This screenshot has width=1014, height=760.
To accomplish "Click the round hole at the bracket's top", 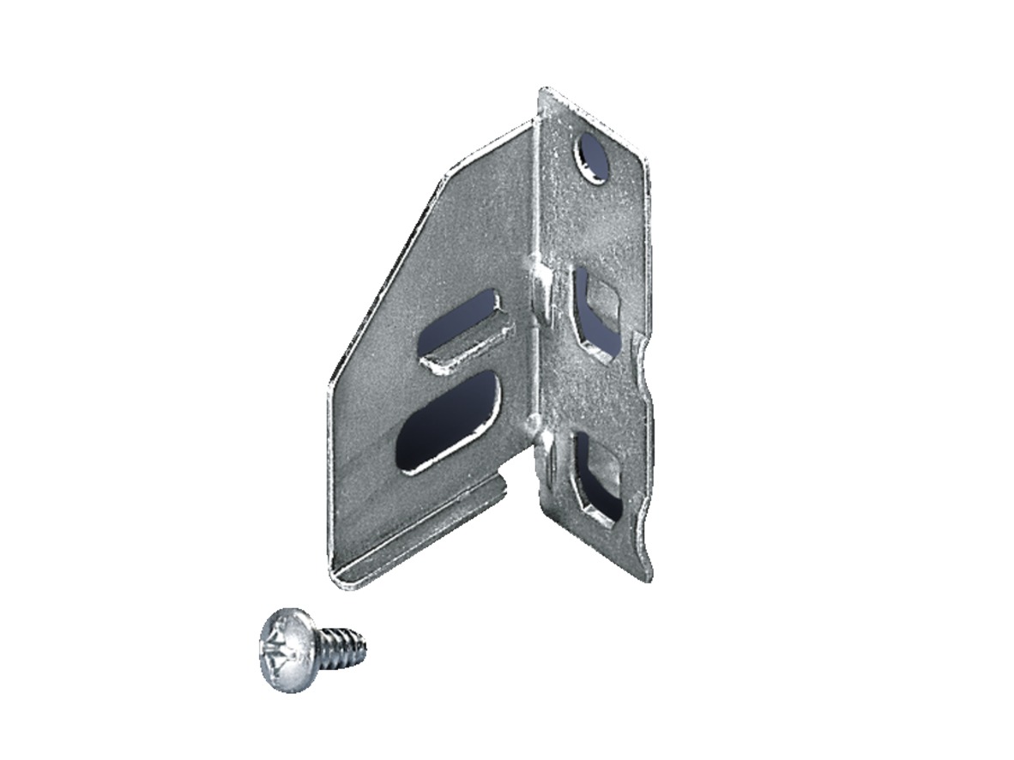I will click(x=593, y=158).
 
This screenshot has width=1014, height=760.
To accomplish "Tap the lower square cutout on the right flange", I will click(x=596, y=476).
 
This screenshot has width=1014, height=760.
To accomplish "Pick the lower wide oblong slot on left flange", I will click(x=449, y=421).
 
